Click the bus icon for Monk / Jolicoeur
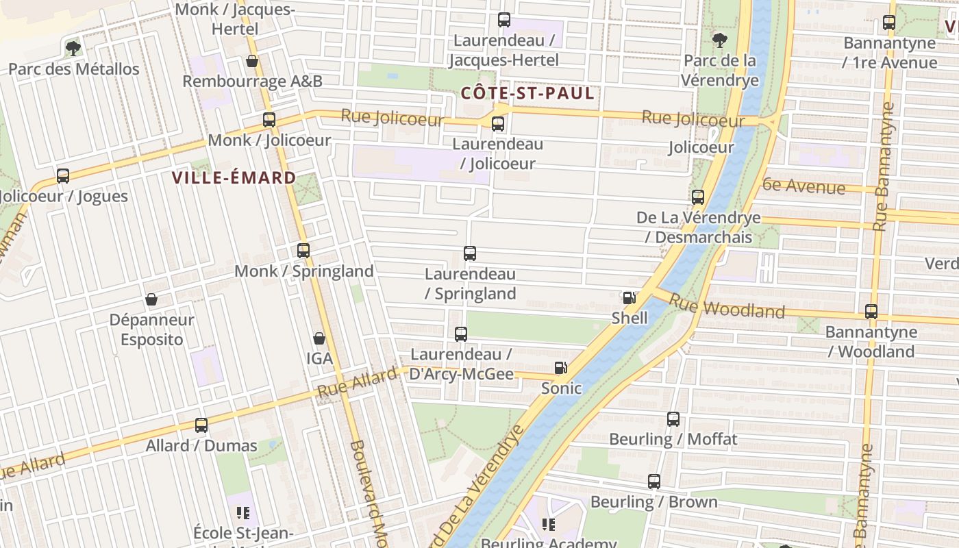pos(269,120)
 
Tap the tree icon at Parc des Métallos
pos(73,48)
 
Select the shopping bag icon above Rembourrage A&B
pos(252,61)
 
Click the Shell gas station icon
pos(629,297)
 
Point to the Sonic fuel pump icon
pos(561,368)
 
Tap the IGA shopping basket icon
pos(319,338)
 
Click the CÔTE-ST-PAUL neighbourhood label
pos(527,93)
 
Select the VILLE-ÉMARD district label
pos(234,178)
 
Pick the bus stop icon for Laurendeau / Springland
pos(470,253)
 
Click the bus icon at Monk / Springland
pos(303,251)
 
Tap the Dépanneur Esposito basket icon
pos(151,299)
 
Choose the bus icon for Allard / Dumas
pos(201,425)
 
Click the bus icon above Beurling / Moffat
pos(673,419)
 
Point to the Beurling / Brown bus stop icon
pos(654,482)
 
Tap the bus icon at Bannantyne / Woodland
pos(871,312)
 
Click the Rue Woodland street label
pos(726,306)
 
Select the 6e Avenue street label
pos(803,185)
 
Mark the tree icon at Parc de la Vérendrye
pos(719,40)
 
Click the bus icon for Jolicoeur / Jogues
pos(63,176)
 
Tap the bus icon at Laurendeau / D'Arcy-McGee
pos(461,334)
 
